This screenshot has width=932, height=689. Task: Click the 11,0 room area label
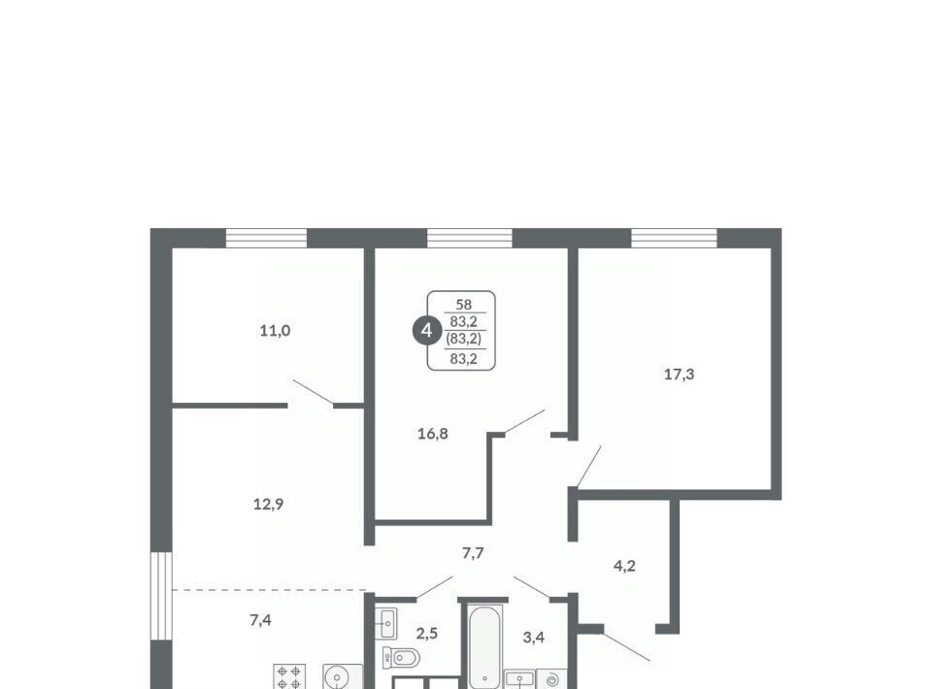tap(275, 331)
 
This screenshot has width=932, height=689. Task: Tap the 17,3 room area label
tap(679, 375)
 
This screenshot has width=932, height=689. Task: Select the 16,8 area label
tap(432, 434)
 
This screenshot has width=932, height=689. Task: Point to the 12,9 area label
tap(268, 505)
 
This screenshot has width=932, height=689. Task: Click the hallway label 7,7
tap(473, 553)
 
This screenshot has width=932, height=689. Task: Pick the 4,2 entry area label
tap(624, 566)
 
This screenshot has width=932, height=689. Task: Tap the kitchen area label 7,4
tap(260, 621)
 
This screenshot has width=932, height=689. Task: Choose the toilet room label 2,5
tap(426, 634)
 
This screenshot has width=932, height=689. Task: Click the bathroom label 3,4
tap(533, 638)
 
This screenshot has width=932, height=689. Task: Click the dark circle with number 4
tap(426, 330)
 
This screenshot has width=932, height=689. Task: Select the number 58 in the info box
tap(464, 305)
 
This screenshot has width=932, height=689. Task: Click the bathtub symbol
tap(484, 646)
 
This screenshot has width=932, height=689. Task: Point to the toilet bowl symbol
tap(401, 658)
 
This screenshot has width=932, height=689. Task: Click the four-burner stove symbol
tap(289, 676)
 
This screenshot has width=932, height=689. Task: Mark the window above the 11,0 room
tap(266, 238)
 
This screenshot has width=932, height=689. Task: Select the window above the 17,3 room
tap(674, 238)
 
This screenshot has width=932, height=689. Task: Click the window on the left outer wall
tap(161, 596)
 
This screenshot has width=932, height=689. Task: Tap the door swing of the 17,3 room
tap(589, 467)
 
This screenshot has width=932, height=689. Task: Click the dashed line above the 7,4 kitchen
tap(268, 590)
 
